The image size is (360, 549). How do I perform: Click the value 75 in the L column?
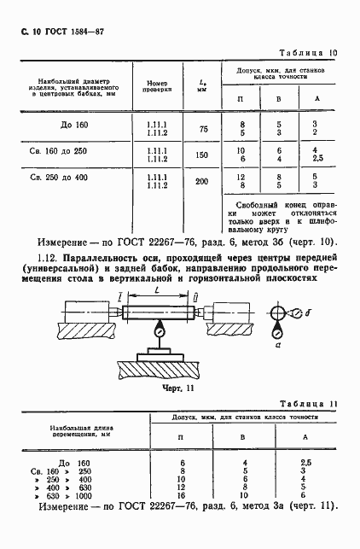click(203, 128)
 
